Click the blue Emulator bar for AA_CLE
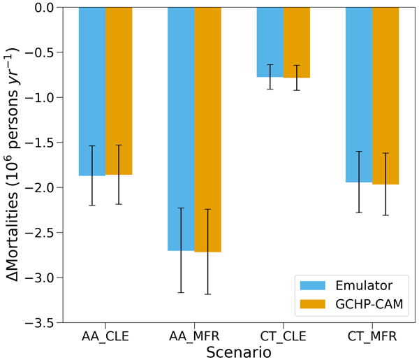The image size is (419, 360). [92, 91]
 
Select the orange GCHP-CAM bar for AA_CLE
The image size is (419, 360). [119, 91]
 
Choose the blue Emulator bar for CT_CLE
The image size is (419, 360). [270, 42]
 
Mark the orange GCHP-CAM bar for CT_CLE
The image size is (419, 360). [297, 42]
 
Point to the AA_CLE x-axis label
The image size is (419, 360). [105, 337]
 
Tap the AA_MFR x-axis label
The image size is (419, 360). [194, 337]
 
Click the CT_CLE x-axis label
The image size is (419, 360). [284, 337]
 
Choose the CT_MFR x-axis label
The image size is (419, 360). [372, 337]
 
